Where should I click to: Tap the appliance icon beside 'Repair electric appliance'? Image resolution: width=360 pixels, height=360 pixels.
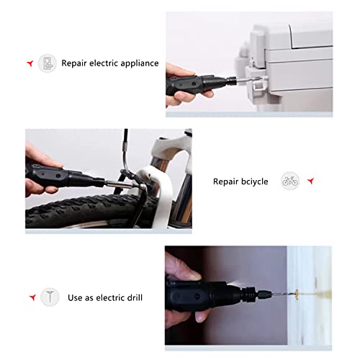coord(47,63)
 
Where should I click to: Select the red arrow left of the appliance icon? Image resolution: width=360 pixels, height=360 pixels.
coord(29,63)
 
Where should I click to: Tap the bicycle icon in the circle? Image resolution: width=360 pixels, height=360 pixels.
coord(289,181)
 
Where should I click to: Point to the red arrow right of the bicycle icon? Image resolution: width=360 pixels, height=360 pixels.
coord(310,181)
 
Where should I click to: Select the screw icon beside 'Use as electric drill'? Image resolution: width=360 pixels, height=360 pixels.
coord(49,297)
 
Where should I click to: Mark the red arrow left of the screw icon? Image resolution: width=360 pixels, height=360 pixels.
coord(32,297)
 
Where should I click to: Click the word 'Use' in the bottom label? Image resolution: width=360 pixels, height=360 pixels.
coord(75,297)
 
